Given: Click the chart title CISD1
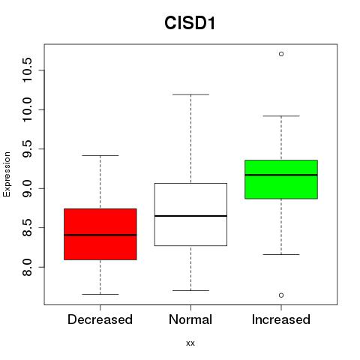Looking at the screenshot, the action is coord(190,23).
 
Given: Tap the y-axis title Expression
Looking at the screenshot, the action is coord(7,174).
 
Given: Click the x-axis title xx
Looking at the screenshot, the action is coord(190,343).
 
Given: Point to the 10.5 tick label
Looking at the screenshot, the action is coord(27,70).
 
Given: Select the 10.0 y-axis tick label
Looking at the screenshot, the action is coord(27,109).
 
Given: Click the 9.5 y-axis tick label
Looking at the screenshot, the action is coord(27,149).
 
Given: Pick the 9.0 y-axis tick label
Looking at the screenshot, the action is coord(27,188).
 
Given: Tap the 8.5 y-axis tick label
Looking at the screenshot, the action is coord(27,228).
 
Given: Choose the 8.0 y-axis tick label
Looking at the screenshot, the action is coord(27,267).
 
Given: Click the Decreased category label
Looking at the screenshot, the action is coord(100,319).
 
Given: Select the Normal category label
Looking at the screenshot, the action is coord(190,319).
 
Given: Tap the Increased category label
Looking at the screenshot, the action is coord(281,319).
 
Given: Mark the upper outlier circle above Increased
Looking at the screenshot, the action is coord(281,54).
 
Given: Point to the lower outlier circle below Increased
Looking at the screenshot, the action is coord(281,295).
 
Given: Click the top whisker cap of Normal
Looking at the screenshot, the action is coord(190,94).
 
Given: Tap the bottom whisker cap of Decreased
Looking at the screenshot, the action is coord(100,294).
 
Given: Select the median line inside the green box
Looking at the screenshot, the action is coord(281,175).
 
